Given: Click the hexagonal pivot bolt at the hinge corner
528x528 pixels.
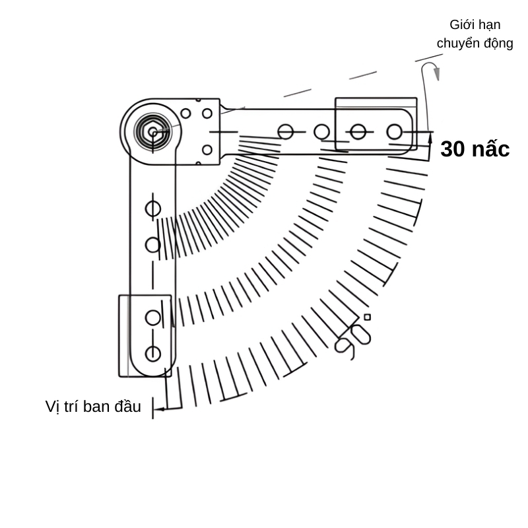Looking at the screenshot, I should click(152, 132).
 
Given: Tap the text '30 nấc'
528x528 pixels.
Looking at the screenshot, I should click(475, 149).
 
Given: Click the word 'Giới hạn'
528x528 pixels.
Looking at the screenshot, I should click(475, 25).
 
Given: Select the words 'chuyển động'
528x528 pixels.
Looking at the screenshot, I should click(475, 44).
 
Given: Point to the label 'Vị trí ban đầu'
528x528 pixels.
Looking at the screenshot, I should click(93, 407).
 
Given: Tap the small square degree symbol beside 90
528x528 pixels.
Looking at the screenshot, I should click(367, 317).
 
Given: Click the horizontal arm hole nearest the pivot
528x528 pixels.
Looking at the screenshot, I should click(286, 132).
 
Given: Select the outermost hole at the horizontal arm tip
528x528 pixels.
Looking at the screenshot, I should click(394, 132).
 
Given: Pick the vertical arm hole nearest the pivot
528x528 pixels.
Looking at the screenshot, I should click(153, 209).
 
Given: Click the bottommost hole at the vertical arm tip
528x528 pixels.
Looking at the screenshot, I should click(153, 354).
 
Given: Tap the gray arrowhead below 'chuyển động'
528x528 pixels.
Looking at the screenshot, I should click(436, 73).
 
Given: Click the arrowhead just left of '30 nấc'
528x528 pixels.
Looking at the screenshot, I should click(430, 139).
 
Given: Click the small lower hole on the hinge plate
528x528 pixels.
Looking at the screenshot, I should click(207, 150).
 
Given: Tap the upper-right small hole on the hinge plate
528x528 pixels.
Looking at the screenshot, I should click(207, 114).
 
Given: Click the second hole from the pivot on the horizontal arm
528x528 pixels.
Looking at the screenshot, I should click(321, 132).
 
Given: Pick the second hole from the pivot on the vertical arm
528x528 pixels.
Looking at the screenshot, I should click(153, 245).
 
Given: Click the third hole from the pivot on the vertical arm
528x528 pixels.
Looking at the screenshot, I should click(153, 317).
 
